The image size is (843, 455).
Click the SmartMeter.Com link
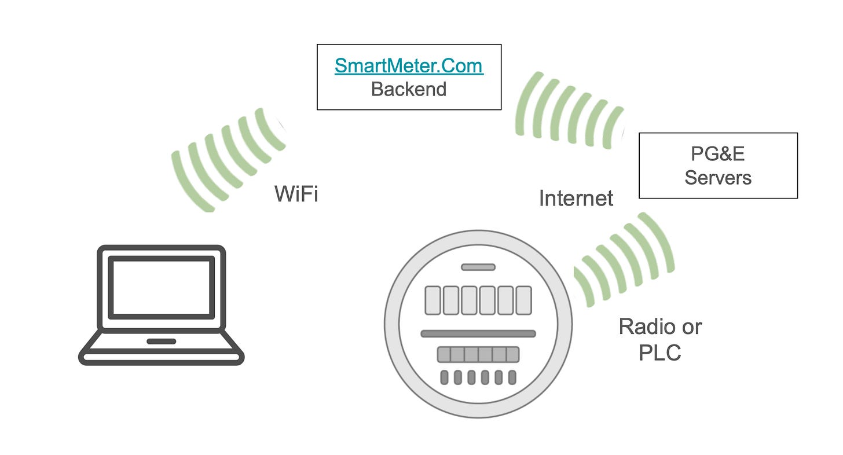pos(409,66)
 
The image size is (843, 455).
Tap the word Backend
pos(409,89)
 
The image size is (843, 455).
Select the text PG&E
pos(718,153)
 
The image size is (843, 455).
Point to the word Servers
pos(718,177)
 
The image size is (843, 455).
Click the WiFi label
pos(296,194)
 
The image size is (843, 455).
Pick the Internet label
pos(576,199)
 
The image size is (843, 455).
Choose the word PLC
pos(659,352)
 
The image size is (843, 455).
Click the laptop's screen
pos(162,287)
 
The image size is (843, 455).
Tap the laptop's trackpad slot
pos(161,341)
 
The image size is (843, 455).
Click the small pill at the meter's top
pos(478,267)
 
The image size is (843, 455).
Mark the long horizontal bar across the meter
pos(478,333)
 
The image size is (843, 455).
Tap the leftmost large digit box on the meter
pos(433,300)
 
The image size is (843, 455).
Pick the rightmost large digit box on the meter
pos(523,300)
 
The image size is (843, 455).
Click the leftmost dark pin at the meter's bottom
pos(444,377)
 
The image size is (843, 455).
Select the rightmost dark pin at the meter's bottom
pos(512,377)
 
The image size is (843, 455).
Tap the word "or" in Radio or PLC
pos(691,326)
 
